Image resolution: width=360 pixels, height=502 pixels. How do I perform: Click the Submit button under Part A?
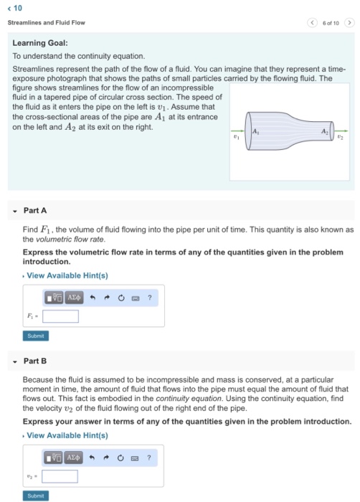point(35,335)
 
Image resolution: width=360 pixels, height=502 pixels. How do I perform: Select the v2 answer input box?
point(60,475)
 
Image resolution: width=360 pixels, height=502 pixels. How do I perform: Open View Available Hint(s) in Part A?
point(67,275)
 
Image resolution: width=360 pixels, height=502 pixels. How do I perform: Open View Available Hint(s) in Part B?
point(67,435)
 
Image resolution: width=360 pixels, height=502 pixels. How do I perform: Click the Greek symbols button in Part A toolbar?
point(75,295)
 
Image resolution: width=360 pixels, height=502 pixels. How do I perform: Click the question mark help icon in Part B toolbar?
point(148,455)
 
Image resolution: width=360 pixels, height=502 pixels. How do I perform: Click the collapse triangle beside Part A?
point(14,211)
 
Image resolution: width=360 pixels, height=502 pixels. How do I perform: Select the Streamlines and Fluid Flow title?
point(47,23)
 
